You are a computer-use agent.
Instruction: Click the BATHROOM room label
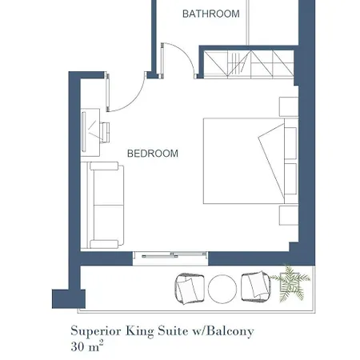pyautogui.click(x=210, y=14)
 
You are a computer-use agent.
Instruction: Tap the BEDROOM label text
pyautogui.click(x=153, y=154)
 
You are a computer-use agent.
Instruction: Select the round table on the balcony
pyautogui.click(x=222, y=289)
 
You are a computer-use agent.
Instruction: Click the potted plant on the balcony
pyautogui.click(x=290, y=284)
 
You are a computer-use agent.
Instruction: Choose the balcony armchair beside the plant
pyautogui.click(x=256, y=286)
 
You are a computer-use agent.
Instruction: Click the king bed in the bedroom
pyautogui.click(x=250, y=161)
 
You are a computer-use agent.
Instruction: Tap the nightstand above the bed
pyautogui.click(x=289, y=106)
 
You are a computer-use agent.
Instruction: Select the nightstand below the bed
pyautogui.click(x=289, y=215)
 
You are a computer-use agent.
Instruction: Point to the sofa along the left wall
pyautogui.click(x=102, y=205)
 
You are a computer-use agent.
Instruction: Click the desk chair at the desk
pyautogui.click(x=105, y=133)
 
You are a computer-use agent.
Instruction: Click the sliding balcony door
pyautogui.click(x=170, y=255)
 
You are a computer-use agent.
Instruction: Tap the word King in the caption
pyautogui.click(x=140, y=331)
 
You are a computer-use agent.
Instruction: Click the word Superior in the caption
pyautogui.click(x=96, y=331)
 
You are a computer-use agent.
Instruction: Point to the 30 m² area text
pyautogui.click(x=87, y=346)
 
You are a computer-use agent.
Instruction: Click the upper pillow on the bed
pyautogui.click(x=290, y=143)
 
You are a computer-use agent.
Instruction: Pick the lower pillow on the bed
pyautogui.click(x=290, y=178)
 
